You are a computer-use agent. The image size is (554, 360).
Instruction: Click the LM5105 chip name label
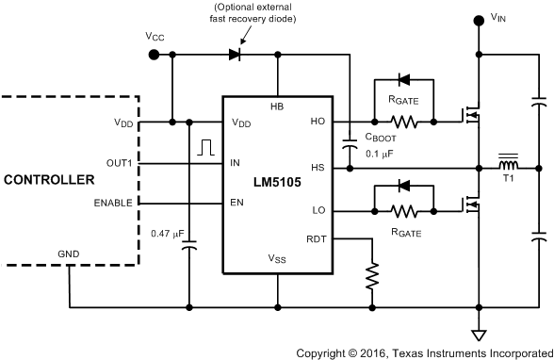pos(277,183)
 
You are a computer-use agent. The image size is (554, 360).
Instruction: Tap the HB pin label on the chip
pos(277,106)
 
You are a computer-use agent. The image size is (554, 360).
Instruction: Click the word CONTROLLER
pos(48,179)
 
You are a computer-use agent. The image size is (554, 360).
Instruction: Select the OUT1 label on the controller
pos(120,162)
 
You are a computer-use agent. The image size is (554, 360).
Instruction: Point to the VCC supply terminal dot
pos(155,55)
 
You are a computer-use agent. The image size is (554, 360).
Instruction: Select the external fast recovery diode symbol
pos(235,55)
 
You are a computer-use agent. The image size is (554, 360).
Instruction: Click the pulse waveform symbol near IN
pos(205,147)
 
